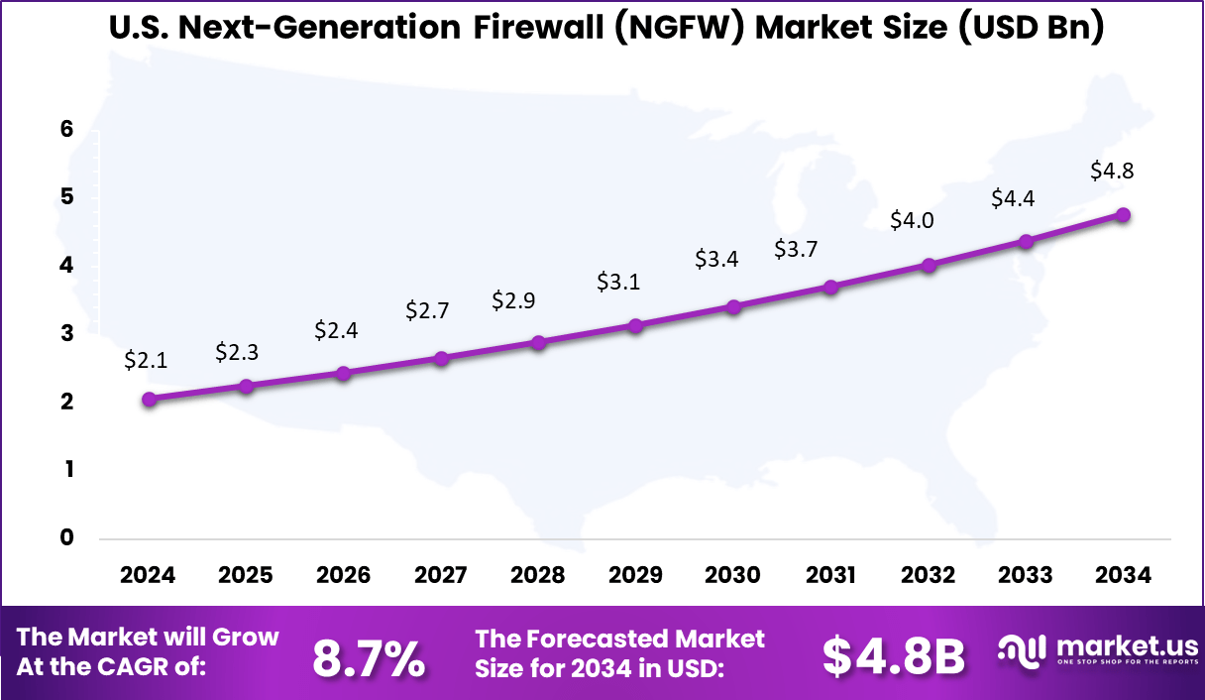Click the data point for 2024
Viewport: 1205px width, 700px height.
[x=149, y=400]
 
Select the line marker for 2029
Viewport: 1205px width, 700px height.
[x=636, y=325]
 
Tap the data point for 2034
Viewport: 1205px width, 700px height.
[x=1124, y=215]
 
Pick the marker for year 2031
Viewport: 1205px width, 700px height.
[x=831, y=288]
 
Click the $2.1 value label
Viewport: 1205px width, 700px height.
[x=146, y=362]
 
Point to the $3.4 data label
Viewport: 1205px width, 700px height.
[x=715, y=260]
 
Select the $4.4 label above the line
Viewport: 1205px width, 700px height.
[x=1013, y=199]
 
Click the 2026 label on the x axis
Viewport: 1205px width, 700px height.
[x=343, y=576]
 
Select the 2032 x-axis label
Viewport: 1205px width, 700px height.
[x=929, y=576]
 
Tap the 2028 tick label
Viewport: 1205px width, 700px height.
[x=538, y=576]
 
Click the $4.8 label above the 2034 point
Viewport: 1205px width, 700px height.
[x=1112, y=171]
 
